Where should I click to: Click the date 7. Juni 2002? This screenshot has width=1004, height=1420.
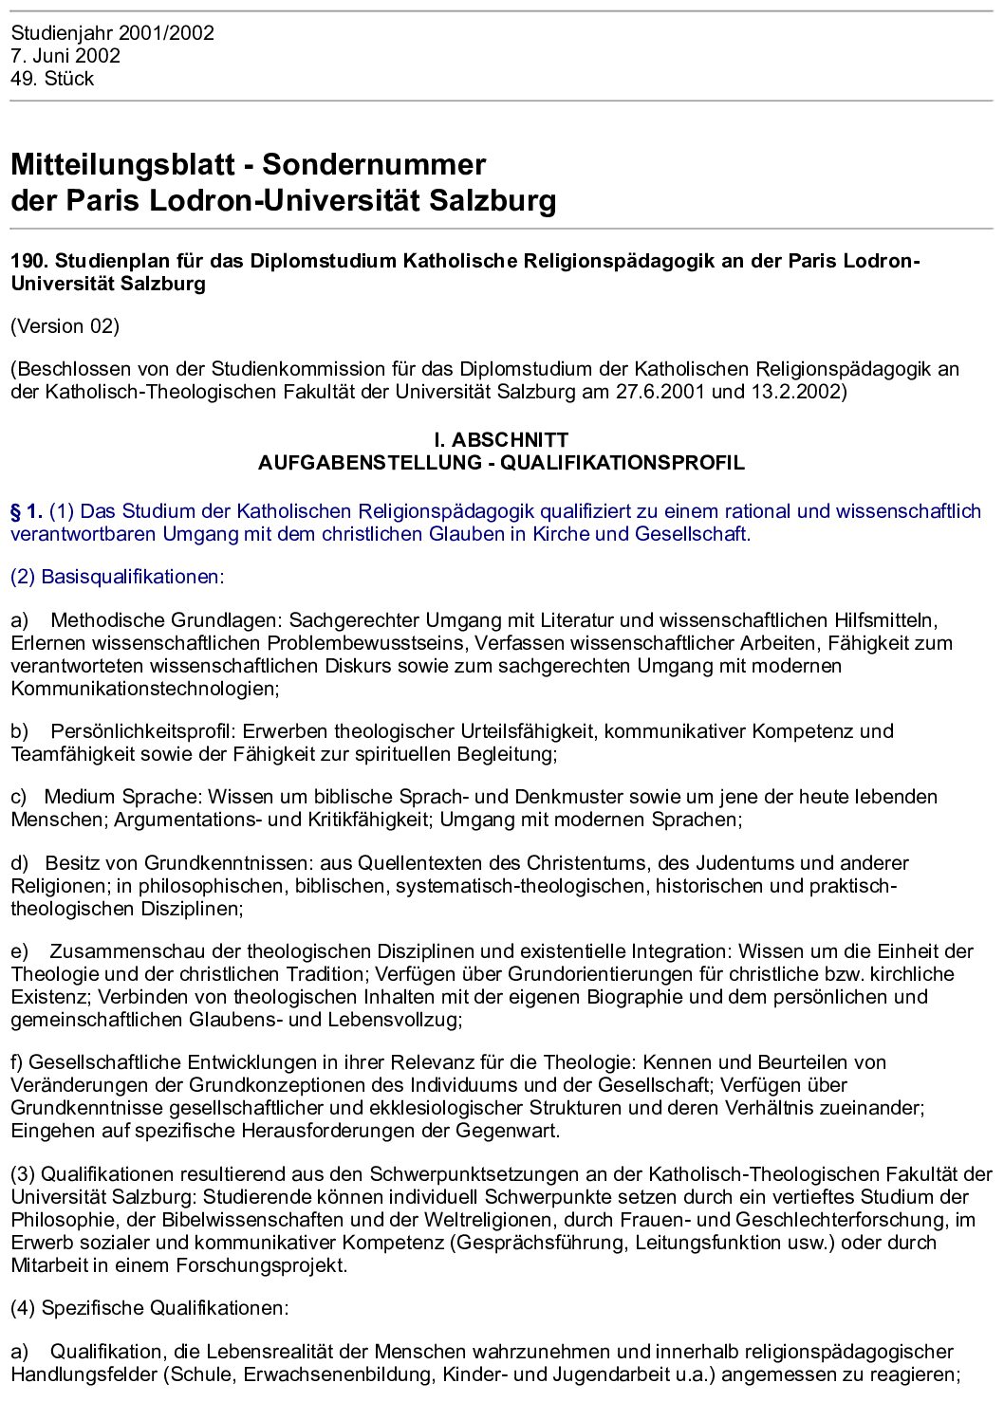65,56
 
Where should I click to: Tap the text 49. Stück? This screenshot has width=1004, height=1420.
52,79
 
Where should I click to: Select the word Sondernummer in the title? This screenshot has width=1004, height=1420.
374,164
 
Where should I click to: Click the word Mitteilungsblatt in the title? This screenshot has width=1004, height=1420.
122,164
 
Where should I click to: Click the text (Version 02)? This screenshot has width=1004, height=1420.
65,326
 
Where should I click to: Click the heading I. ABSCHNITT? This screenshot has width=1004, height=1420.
501,440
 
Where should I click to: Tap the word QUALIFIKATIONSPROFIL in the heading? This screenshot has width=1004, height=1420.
623,463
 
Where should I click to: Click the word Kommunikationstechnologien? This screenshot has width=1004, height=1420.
144,689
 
